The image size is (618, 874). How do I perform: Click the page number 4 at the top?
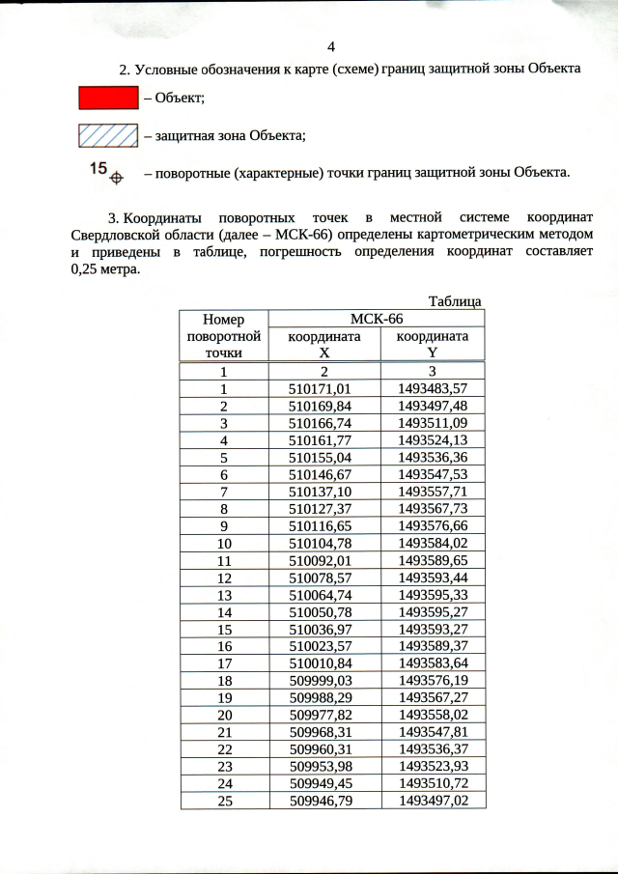(x=331, y=47)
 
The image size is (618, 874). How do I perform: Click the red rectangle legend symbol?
(x=107, y=98)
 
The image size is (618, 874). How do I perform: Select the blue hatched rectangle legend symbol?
(x=107, y=135)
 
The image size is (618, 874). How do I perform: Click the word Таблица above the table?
(x=454, y=302)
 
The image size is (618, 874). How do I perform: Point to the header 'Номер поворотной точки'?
(x=223, y=336)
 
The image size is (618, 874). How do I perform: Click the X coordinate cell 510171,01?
(x=323, y=388)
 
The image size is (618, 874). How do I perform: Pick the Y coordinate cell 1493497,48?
(x=433, y=406)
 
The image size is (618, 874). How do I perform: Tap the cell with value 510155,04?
(x=323, y=458)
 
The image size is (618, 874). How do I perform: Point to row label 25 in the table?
(x=223, y=801)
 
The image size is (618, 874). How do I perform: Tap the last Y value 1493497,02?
(x=433, y=801)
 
